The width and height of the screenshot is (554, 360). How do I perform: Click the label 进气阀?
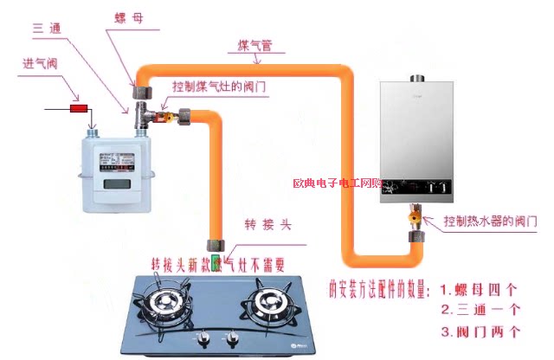click(41, 64)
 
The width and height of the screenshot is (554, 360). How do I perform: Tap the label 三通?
click(49, 29)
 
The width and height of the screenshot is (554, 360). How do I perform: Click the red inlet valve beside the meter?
click(79, 110)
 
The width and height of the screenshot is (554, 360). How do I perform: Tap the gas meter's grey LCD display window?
click(116, 185)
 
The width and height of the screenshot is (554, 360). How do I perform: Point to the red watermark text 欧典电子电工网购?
click(337, 184)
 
